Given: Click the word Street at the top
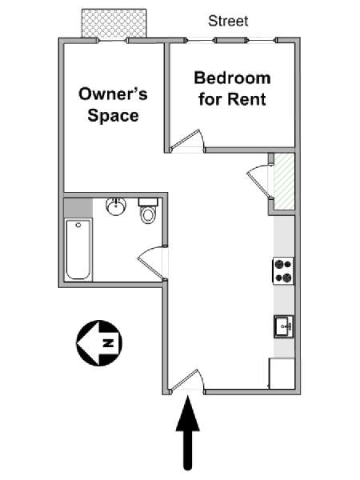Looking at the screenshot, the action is pyautogui.click(x=228, y=21).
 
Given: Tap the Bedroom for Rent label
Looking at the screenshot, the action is pyautogui.click(x=232, y=89).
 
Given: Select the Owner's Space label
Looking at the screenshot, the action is pyautogui.click(x=113, y=105).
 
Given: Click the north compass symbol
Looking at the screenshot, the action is pyautogui.click(x=99, y=343).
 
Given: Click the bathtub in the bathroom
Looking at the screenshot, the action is pyautogui.click(x=78, y=249).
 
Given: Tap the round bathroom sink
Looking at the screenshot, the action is pyautogui.click(x=116, y=206).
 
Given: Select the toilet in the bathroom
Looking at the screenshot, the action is pyautogui.click(x=149, y=210).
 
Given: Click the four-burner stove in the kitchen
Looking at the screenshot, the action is pyautogui.click(x=283, y=270).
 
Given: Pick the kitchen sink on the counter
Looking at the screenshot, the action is pyautogui.click(x=283, y=326).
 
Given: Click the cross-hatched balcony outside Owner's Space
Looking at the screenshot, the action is pyautogui.click(x=114, y=23).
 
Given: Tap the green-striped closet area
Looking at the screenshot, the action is pyautogui.click(x=284, y=182).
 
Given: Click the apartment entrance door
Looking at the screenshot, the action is pyautogui.click(x=186, y=381).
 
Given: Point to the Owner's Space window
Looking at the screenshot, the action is pyautogui.click(x=113, y=40).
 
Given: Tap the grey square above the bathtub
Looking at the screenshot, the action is pyautogui.click(x=78, y=208).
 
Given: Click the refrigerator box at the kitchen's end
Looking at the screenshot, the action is pyautogui.click(x=282, y=374).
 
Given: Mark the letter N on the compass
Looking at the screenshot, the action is pyautogui.click(x=108, y=342).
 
